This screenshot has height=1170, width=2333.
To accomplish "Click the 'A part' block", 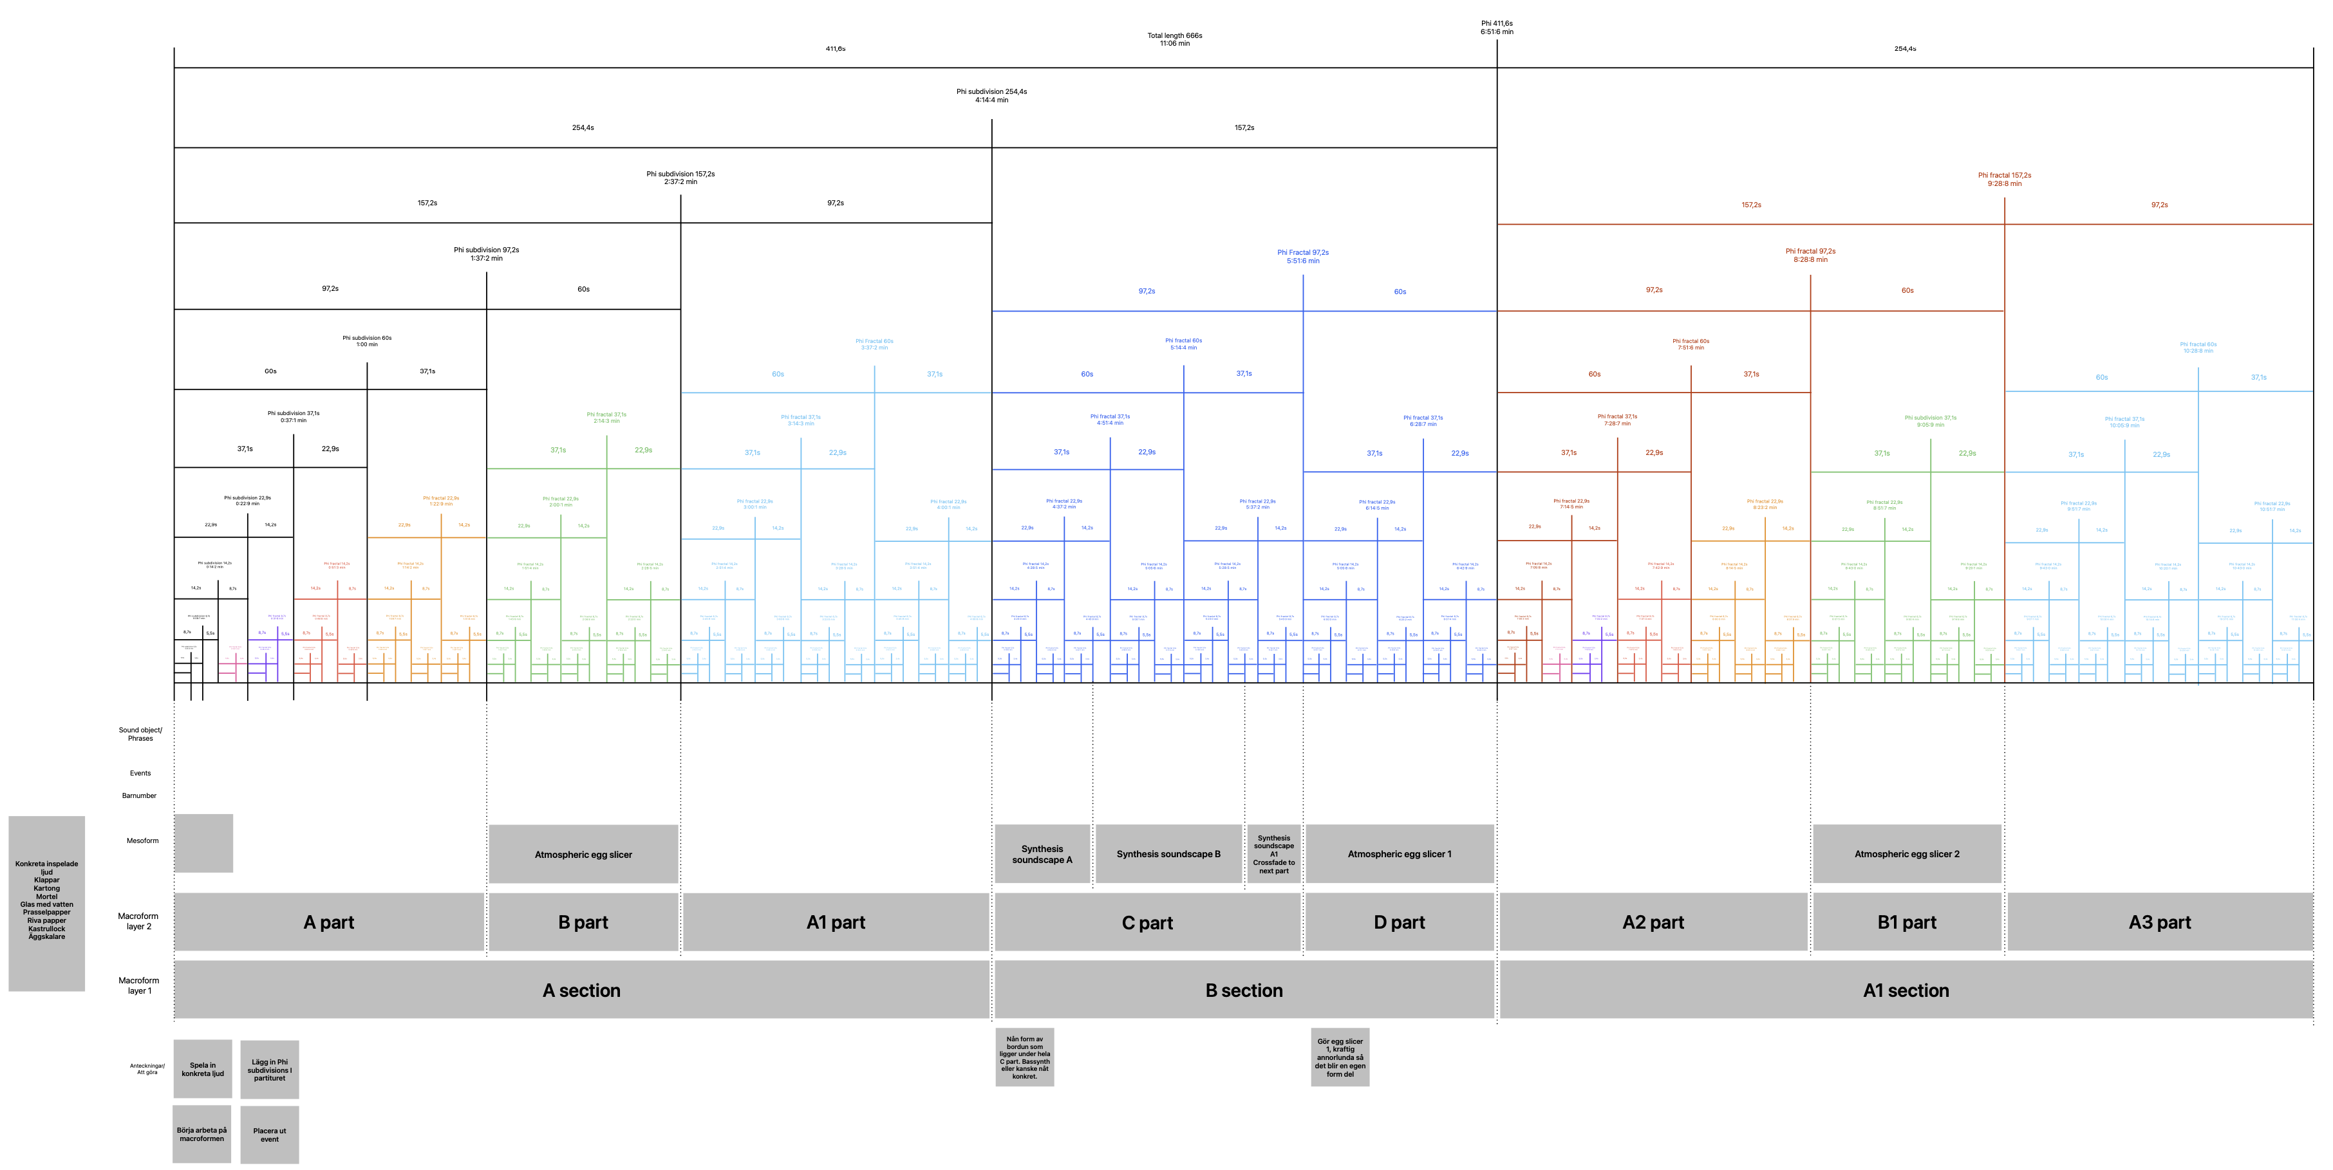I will [329, 922].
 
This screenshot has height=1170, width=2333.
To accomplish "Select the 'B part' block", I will [583, 922].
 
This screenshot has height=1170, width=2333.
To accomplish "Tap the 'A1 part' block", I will [835, 922].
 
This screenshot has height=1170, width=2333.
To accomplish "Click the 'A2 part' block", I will [1653, 922].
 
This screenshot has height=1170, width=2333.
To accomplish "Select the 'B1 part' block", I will [1906, 922].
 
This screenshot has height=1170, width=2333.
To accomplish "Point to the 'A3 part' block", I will [2160, 922].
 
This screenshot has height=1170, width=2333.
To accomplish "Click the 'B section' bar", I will [1244, 990].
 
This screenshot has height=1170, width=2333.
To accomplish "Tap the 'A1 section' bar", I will [1906, 990].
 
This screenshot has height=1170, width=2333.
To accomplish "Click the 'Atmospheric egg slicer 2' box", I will [1906, 854].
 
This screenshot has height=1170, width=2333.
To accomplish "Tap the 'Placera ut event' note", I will [269, 1135].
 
